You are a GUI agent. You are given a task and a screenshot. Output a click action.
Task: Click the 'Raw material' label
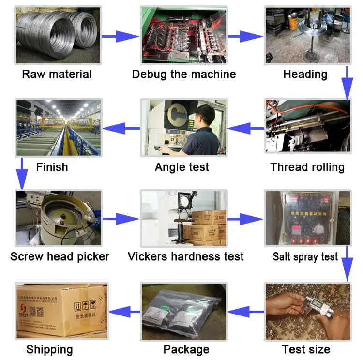click(57, 75)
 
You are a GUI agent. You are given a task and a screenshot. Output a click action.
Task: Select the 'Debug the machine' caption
click(184, 75)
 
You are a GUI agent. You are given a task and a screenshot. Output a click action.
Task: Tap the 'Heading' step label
click(305, 75)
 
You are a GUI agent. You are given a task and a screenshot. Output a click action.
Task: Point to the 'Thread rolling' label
click(307, 167)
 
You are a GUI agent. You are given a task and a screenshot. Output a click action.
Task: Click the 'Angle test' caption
click(182, 167)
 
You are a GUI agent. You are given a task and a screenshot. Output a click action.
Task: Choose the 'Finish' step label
click(52, 167)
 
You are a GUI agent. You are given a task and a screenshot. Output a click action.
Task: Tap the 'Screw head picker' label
click(60, 256)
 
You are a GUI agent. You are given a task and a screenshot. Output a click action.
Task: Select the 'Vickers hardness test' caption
click(186, 256)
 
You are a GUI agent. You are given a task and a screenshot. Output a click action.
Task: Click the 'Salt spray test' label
click(305, 256)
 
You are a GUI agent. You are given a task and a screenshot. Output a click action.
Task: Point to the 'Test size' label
click(306, 349)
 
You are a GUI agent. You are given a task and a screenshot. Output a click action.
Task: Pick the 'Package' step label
click(186, 349)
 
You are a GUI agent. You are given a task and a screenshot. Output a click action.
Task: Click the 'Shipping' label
click(50, 349)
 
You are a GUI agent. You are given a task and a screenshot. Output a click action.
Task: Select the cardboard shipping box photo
click(60, 311)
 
